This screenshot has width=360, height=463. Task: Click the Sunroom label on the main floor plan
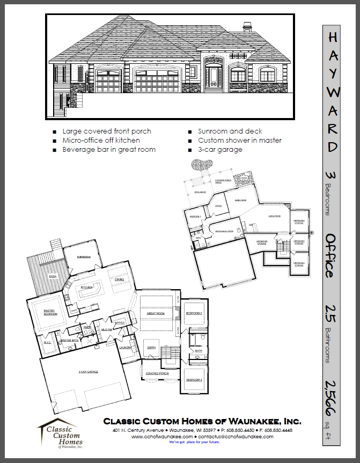(x=83, y=258)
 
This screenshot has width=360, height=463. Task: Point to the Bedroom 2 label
(x=194, y=313)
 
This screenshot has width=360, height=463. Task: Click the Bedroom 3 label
(x=194, y=380)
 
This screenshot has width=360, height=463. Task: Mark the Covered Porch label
(x=157, y=373)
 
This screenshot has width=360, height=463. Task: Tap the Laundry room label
(x=125, y=348)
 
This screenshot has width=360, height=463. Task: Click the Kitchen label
(x=87, y=288)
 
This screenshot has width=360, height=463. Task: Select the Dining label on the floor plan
(x=120, y=280)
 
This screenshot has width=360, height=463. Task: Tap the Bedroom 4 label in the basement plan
(x=195, y=216)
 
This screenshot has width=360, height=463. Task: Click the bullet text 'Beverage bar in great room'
(x=109, y=150)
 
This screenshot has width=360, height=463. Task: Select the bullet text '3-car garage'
(x=220, y=150)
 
